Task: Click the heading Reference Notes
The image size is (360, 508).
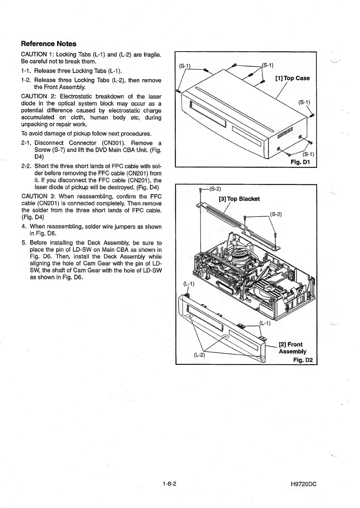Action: coord(49,43)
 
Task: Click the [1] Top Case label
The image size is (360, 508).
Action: coord(292,78)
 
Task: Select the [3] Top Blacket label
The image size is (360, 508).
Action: coord(239,199)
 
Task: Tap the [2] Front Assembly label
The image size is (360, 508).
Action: coord(292,348)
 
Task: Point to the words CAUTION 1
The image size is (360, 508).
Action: coord(34,55)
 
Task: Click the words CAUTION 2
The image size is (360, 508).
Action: coord(34,97)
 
